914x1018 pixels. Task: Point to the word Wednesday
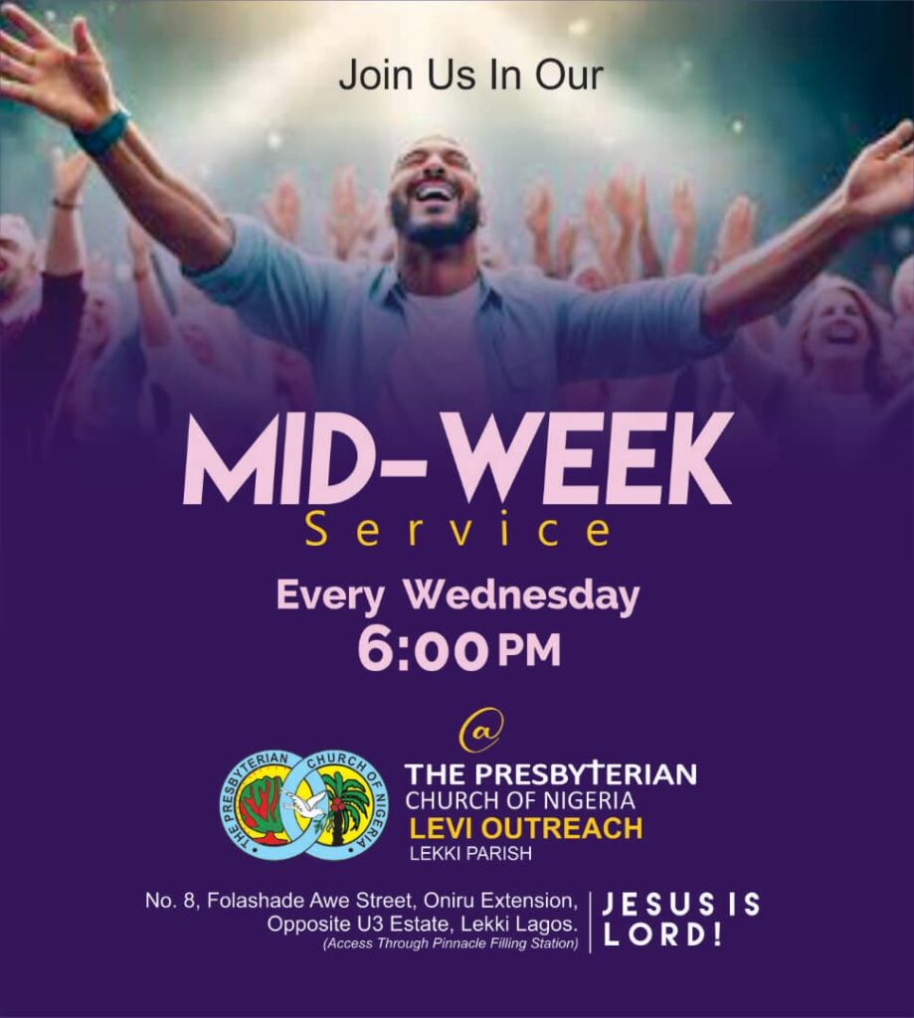pyautogui.click(x=522, y=596)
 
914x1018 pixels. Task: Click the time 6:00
pyautogui.click(x=422, y=651)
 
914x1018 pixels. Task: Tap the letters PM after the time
pyautogui.click(x=529, y=652)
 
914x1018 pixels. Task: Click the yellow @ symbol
pyautogui.click(x=481, y=731)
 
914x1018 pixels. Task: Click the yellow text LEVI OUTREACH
pyautogui.click(x=525, y=828)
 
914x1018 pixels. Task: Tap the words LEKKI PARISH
pyautogui.click(x=470, y=853)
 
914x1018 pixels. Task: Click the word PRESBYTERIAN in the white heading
pyautogui.click(x=586, y=773)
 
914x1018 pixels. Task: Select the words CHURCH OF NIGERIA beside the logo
pyautogui.click(x=520, y=800)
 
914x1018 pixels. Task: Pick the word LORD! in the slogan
pyautogui.click(x=662, y=934)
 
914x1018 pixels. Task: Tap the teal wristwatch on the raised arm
pyautogui.click(x=101, y=133)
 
